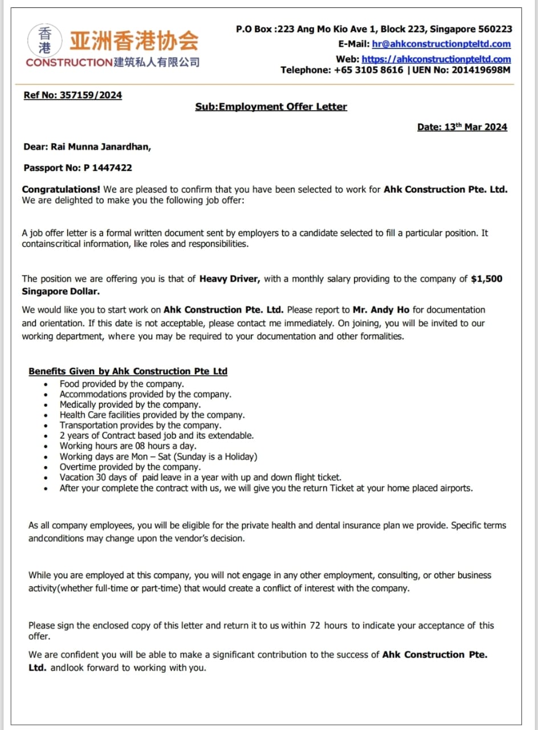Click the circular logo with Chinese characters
pos(40,40)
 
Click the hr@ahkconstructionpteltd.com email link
pos(441,44)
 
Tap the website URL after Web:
pos(436,59)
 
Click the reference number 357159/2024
pos(91,95)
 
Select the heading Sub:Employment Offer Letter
pos(271,107)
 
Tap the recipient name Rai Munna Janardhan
pos(101,147)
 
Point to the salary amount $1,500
pos(487,279)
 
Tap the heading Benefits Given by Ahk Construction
pos(128,371)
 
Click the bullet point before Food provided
pos(46,385)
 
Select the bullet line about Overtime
pos(130,467)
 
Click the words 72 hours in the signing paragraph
pos(328,626)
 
